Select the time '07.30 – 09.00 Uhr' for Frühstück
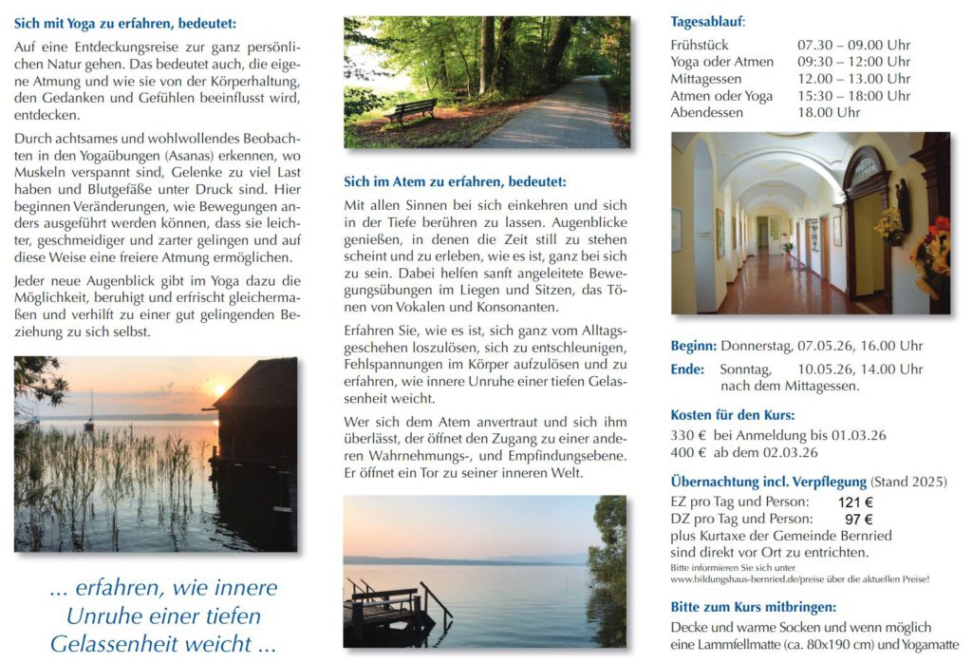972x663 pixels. click(x=853, y=45)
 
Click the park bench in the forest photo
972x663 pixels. click(x=410, y=110)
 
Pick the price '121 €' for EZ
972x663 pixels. click(x=855, y=502)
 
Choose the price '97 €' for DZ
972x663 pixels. click(x=858, y=520)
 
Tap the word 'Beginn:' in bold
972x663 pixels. click(x=693, y=346)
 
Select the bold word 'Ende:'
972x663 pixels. click(x=688, y=369)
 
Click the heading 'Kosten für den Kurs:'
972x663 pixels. click(x=732, y=415)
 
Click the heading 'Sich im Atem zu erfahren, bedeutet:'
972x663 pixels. click(x=455, y=181)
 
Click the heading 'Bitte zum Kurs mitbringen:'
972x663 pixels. click(x=753, y=607)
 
